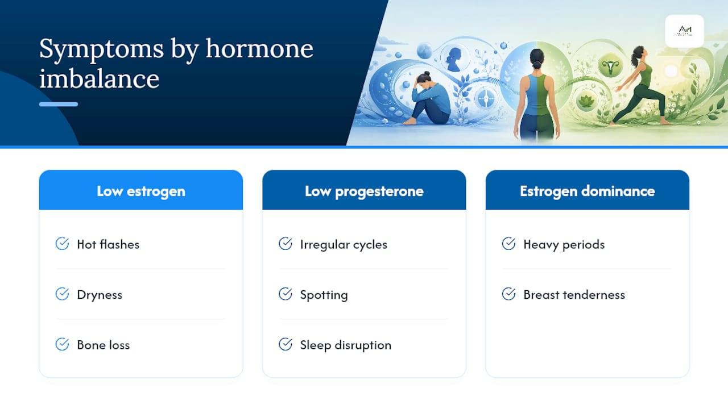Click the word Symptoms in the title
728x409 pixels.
(101, 49)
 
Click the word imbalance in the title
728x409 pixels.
(100, 78)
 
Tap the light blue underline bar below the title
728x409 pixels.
(59, 104)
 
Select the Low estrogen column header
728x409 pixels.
(141, 190)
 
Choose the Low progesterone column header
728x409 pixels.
(364, 190)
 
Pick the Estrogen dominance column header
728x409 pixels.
(588, 190)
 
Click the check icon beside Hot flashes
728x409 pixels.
(62, 244)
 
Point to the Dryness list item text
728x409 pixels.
(100, 295)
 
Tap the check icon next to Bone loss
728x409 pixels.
(62, 344)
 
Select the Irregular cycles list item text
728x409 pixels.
(344, 244)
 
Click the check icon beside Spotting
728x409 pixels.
(286, 294)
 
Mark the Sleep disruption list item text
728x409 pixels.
(346, 345)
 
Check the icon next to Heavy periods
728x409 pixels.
(508, 244)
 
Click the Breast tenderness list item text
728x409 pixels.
(574, 295)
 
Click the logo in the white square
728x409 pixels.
(685, 31)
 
